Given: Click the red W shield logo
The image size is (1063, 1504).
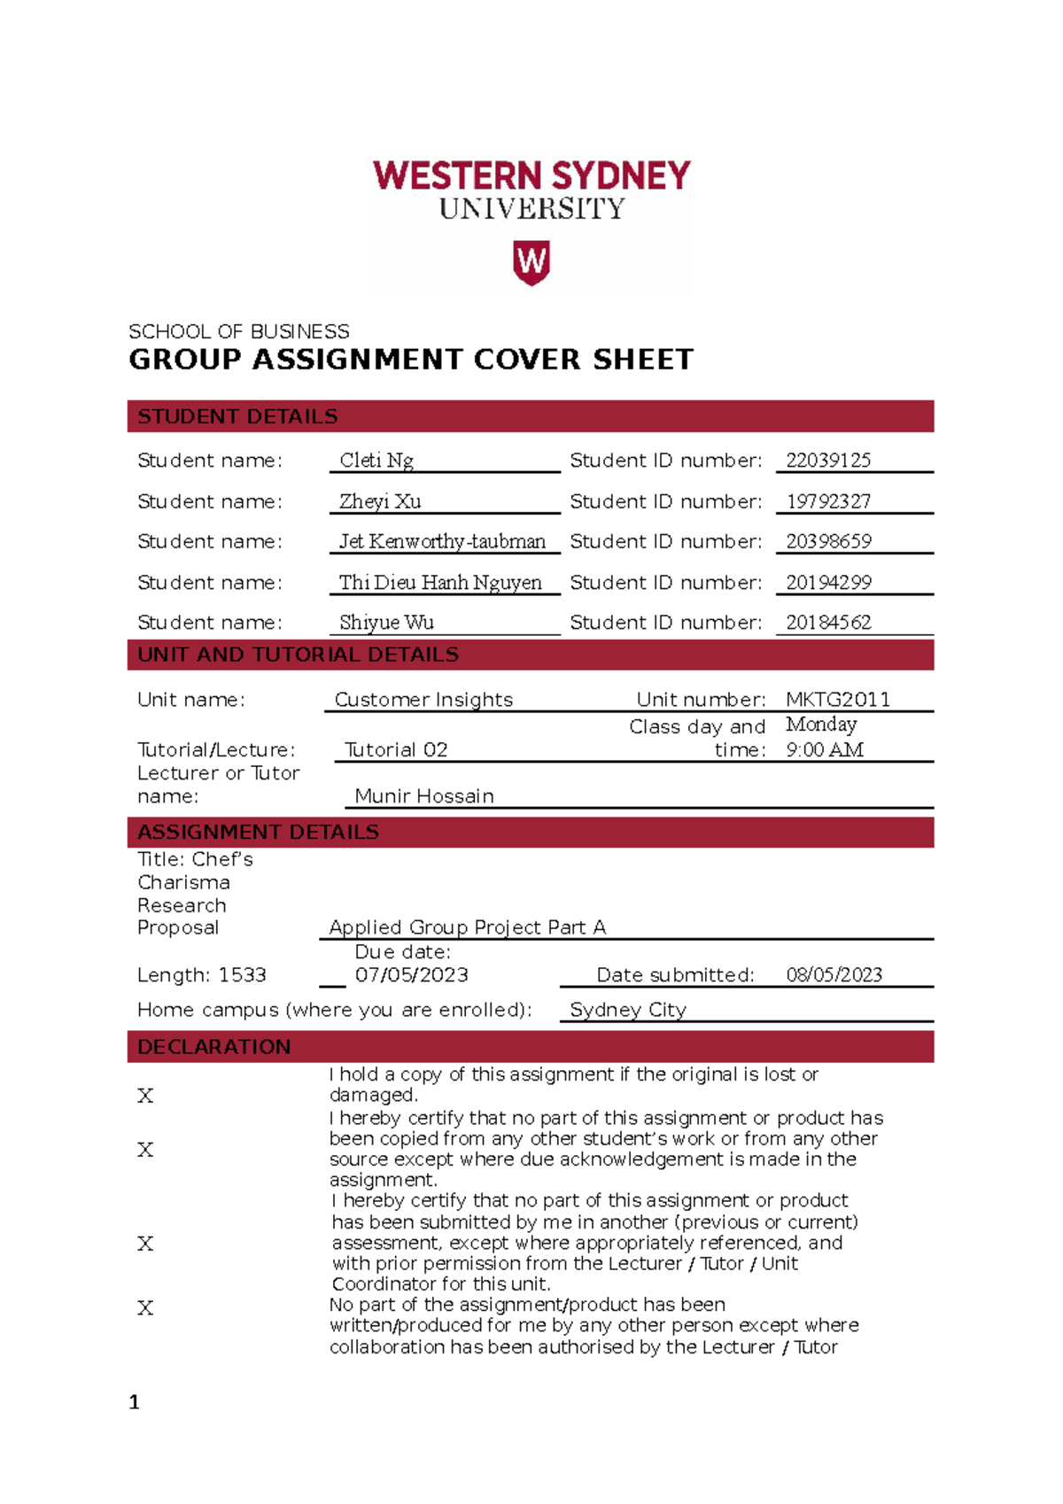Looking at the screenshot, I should [531, 263].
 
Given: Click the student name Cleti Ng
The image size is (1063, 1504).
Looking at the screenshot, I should [376, 461].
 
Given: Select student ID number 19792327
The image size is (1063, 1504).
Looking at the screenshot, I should [828, 501].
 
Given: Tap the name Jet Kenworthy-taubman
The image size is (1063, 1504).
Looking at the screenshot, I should [442, 541].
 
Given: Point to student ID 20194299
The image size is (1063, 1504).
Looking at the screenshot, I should [828, 583].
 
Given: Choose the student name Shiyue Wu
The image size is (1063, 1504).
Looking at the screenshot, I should [386, 623].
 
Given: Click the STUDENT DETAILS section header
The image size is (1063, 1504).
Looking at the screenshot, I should [237, 416].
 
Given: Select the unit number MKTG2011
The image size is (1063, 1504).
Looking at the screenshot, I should [837, 700].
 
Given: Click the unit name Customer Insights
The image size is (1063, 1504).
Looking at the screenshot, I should [423, 700].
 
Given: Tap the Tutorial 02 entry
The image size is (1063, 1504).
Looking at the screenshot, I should [396, 750].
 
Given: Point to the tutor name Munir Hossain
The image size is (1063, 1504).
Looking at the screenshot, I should [424, 796].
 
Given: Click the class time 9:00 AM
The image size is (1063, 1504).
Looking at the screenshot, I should [825, 750].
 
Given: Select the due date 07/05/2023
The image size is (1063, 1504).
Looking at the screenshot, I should [411, 975].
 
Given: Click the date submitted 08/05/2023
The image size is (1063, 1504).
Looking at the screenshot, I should [834, 975].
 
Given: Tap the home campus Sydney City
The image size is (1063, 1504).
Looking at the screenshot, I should [628, 1010].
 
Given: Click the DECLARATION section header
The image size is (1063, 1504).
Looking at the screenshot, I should [213, 1047].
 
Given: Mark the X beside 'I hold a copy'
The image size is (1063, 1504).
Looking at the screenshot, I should [145, 1097].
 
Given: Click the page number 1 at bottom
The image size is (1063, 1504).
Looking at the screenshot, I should [135, 1402].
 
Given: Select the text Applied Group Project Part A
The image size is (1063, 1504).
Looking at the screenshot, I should [467, 927].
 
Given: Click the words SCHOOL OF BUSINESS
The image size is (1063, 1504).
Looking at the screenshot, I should [238, 332].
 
